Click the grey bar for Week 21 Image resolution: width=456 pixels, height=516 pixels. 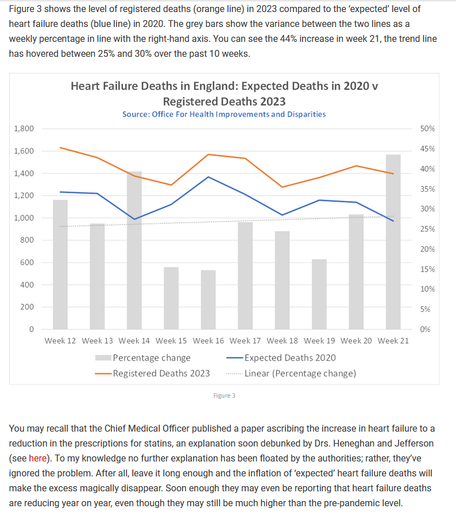click(393, 242)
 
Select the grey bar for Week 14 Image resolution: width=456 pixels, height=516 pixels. click(134, 250)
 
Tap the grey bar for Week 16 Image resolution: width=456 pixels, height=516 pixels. click(208, 300)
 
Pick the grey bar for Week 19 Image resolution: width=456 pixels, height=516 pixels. click(319, 294)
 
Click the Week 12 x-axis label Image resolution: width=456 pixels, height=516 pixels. click(60, 340)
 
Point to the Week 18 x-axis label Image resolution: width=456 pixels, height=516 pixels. click(282, 340)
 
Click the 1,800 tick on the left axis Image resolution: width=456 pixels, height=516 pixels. click(24, 129)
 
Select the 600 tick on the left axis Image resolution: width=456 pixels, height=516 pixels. click(27, 262)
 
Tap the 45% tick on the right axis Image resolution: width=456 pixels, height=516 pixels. click(427, 149)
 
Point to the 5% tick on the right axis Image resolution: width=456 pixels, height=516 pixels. click(425, 309)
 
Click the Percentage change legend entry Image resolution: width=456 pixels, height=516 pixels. click(143, 358)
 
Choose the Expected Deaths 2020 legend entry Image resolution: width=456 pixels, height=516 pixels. click(281, 358)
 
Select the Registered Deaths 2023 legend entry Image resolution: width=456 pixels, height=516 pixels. click(152, 374)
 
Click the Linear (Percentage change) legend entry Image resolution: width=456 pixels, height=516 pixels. click(291, 374)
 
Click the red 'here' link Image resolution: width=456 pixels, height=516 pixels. click(37, 458)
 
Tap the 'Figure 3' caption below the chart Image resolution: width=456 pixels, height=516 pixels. click(224, 395)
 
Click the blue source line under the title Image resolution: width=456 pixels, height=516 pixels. click(224, 114)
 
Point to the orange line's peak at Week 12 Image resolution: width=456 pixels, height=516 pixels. click(60, 148)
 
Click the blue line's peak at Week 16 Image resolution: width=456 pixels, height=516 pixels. click(208, 177)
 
